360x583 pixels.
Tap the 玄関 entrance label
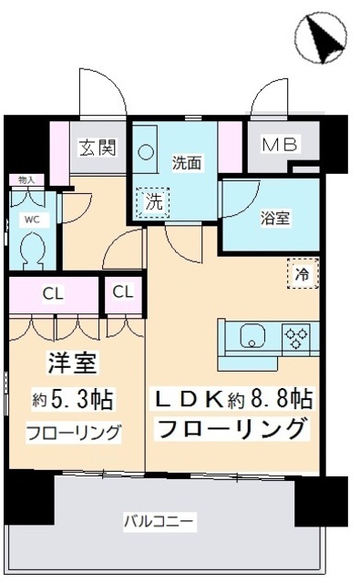pyautogui.click(x=96, y=148)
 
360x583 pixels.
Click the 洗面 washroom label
pyautogui.click(x=187, y=164)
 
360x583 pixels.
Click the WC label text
pyautogui.click(x=31, y=219)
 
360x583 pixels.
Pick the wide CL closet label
pyautogui.click(x=53, y=293)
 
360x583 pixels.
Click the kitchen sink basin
pyautogui.click(x=253, y=338)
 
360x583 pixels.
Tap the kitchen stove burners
pyautogui.click(x=297, y=338)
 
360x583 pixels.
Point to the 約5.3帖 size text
pyautogui.click(x=72, y=398)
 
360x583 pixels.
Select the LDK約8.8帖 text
pyautogui.click(x=232, y=397)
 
